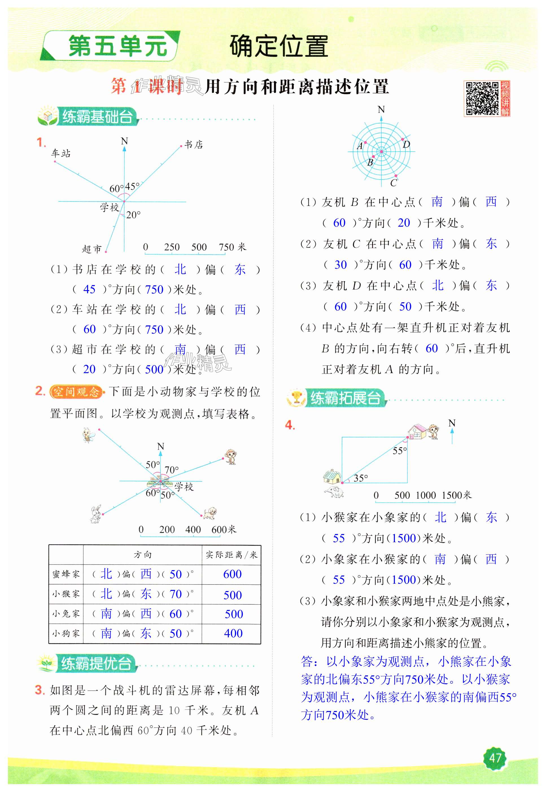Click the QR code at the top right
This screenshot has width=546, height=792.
point(482,98)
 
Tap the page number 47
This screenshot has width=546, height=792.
point(495,758)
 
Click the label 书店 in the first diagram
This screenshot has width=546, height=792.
point(194,145)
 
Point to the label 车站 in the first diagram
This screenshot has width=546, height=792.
point(61,153)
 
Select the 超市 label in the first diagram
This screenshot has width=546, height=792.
point(92,249)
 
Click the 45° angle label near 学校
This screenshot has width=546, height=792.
point(132,186)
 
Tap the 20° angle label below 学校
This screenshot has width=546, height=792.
point(133,215)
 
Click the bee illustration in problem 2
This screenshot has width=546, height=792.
point(89,435)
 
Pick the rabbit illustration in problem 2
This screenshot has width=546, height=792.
point(96,514)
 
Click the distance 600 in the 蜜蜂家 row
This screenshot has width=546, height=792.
point(232,574)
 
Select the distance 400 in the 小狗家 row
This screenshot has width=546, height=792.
point(233,633)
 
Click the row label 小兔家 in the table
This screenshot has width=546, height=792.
point(66,614)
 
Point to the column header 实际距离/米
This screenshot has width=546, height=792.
point(231,555)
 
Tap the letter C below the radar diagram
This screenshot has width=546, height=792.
point(394,183)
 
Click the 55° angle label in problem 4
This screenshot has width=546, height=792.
point(399,451)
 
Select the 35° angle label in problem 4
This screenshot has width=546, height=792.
point(361,478)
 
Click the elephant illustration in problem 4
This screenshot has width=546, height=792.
point(333,492)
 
